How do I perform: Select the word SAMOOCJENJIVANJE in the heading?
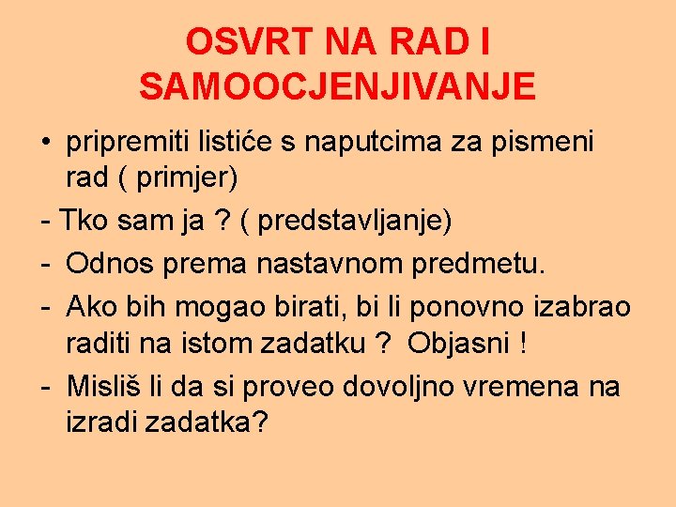coord(337,87)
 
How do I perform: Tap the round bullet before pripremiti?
coord(45,144)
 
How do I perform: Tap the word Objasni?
coord(457,344)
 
